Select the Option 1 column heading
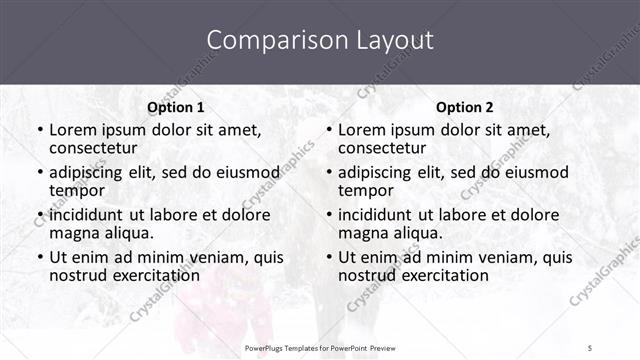point(175,107)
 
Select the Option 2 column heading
point(465,107)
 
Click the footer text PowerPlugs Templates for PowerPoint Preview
point(320,348)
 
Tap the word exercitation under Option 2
point(443,275)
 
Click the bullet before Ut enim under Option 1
point(39,257)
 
